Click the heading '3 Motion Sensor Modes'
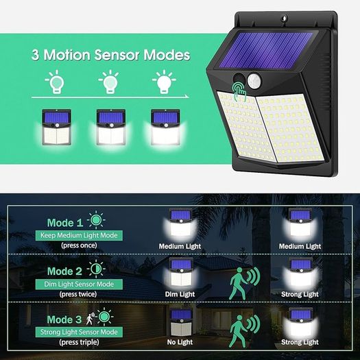[x=111, y=55]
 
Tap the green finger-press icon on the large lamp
[x=239, y=91]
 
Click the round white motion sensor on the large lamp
[x=254, y=80]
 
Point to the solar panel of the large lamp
[x=265, y=50]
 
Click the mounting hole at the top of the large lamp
[x=285, y=18]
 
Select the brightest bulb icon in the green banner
[x=164, y=82]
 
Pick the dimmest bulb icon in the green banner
[x=56, y=82]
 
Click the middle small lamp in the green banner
[x=111, y=127]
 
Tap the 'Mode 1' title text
[x=65, y=223]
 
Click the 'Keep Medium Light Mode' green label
[x=79, y=236]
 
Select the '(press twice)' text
[x=78, y=294]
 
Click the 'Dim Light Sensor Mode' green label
[x=79, y=285]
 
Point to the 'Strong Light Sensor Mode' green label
[x=79, y=332]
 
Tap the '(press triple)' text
[x=80, y=342]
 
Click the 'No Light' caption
[x=180, y=342]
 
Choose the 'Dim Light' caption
[x=180, y=294]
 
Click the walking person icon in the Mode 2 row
[x=239, y=284]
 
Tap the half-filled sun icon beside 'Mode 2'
[x=96, y=269]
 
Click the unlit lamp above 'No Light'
[x=181, y=322]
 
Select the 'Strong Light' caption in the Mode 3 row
[x=300, y=342]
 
